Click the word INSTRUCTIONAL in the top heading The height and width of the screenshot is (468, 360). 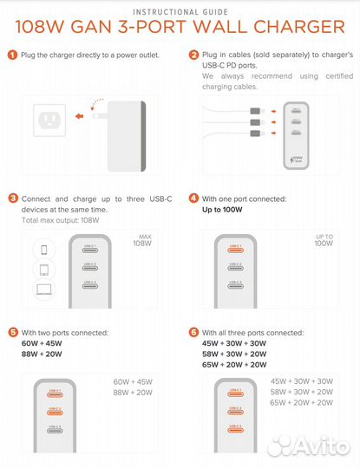[x=160, y=12]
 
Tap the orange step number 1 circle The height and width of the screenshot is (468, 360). [x=12, y=55]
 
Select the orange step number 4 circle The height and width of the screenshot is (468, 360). [x=194, y=198]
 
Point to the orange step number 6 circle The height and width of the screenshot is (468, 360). [x=194, y=333]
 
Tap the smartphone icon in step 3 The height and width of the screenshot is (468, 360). [x=20, y=250]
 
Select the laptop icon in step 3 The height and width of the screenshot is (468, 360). [x=20, y=291]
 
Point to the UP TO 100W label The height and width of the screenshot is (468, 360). [x=324, y=241]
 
